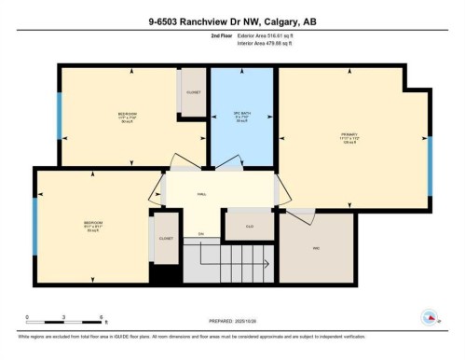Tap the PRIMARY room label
(349, 134)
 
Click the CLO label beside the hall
(251, 226)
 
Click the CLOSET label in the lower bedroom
(166, 238)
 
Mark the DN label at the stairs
(200, 233)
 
